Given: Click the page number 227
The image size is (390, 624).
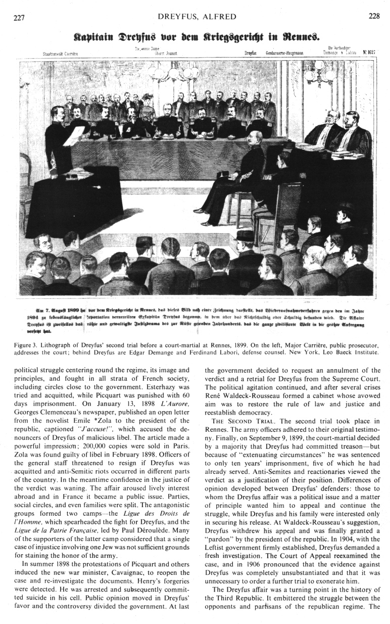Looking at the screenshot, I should coord(19,16).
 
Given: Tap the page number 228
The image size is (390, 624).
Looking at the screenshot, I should coord(374,16).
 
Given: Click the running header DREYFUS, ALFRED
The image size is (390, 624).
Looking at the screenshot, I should coord(197,17).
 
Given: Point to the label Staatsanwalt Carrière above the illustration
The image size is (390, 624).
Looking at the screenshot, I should coord(51,52).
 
